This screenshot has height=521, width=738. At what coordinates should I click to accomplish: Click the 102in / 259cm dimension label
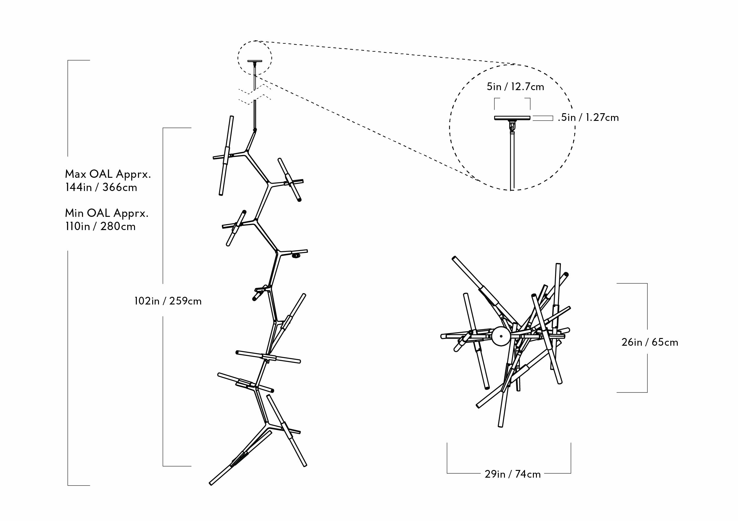pyautogui.click(x=168, y=301)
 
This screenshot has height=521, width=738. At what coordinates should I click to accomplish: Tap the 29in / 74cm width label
pyautogui.click(x=513, y=474)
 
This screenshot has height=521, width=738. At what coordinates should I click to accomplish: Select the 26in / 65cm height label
pyautogui.click(x=650, y=342)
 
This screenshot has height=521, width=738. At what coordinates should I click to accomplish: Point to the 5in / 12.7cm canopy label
pyautogui.click(x=515, y=86)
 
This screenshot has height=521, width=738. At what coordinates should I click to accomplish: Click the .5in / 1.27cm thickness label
pyautogui.click(x=588, y=117)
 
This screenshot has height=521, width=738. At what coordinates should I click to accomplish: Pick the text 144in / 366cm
pyautogui.click(x=101, y=187)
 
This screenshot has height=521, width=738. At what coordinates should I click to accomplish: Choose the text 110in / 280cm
pyautogui.click(x=100, y=226)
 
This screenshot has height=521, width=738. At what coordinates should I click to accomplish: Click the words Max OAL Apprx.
pyautogui.click(x=108, y=174)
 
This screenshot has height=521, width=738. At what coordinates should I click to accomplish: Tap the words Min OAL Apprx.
pyautogui.click(x=107, y=213)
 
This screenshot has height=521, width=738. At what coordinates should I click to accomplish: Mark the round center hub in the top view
pyautogui.click(x=501, y=336)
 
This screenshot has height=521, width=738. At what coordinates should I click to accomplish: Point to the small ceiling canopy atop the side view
pyautogui.click(x=255, y=61)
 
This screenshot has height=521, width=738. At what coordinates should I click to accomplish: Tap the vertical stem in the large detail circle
pyautogui.click(x=512, y=161)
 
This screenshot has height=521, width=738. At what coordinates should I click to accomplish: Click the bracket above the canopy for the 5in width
pyautogui.click(x=512, y=98)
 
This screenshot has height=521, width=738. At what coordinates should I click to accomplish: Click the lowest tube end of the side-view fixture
pyautogui.click(x=211, y=483)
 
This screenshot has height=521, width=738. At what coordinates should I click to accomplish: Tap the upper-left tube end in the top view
pyautogui.click(x=454, y=258)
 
